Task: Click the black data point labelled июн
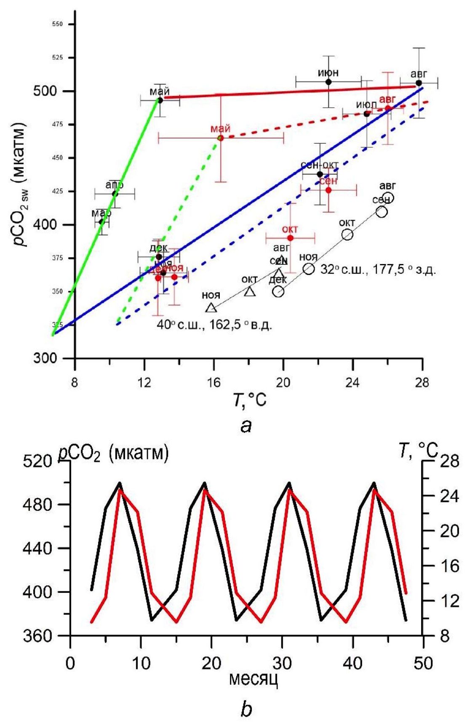tap(328, 82)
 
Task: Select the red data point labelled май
tap(220, 138)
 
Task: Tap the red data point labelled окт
tap(290, 238)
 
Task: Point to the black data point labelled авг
tap(419, 83)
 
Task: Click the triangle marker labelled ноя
tap(211, 308)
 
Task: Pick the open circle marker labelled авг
tap(388, 197)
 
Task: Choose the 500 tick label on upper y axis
tap(45, 91)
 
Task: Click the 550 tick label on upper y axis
tap(57, 24)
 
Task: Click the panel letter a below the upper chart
tap(246, 426)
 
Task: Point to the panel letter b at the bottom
tap(246, 709)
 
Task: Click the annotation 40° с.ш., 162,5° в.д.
tap(214, 325)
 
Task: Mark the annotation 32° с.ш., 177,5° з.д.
tap(378, 270)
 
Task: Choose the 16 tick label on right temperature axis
tap(449, 565)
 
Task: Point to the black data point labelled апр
tap(115, 193)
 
